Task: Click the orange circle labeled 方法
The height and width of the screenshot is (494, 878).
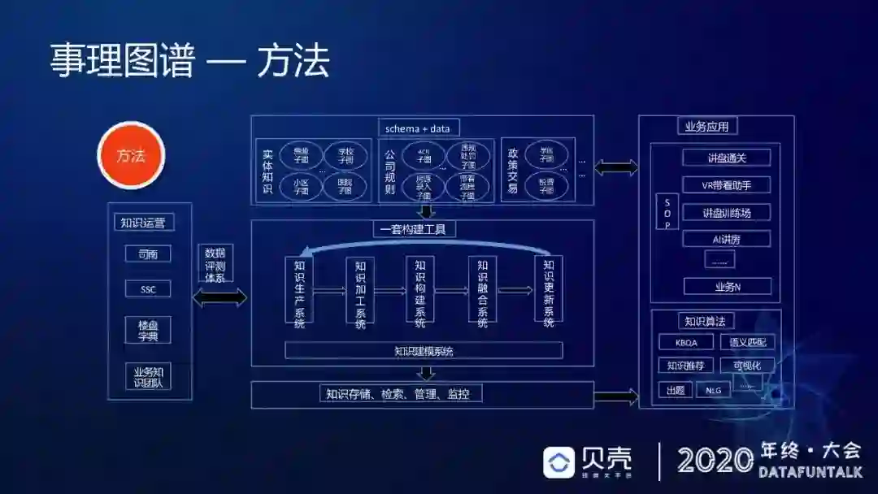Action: point(131,155)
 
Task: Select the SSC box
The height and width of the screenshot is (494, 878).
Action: point(148,288)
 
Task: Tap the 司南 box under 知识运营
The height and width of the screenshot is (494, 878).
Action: point(148,254)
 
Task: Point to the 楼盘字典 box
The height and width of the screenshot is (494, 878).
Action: point(148,330)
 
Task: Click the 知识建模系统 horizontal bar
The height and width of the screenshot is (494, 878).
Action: point(424,351)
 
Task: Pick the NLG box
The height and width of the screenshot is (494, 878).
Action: point(713,390)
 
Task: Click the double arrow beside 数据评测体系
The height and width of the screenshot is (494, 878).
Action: point(219,297)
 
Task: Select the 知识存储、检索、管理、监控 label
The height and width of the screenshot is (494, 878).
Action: point(402,394)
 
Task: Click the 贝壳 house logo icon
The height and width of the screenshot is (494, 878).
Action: point(559,461)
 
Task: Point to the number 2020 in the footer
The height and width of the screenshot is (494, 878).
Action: point(715,461)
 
